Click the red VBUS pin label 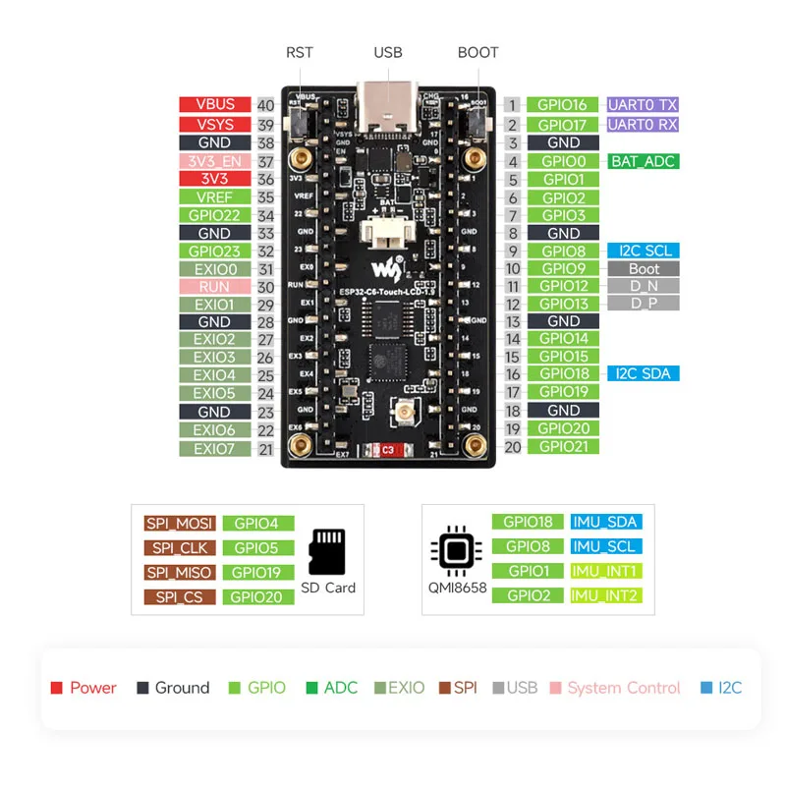pyautogui.click(x=215, y=105)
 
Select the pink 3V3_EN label pyautogui.click(x=215, y=161)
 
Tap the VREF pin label pyautogui.click(x=215, y=197)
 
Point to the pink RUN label pyautogui.click(x=215, y=287)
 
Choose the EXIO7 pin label pyautogui.click(x=215, y=449)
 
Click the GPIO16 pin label pyautogui.click(x=563, y=105)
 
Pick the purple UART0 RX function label pyautogui.click(x=643, y=125)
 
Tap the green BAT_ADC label pyautogui.click(x=643, y=161)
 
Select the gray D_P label pyautogui.click(x=643, y=304)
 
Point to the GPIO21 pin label pyautogui.click(x=563, y=446)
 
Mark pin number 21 pyautogui.click(x=265, y=449)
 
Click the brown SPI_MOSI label pyautogui.click(x=180, y=524)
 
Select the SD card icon pyautogui.click(x=328, y=552)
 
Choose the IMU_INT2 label pyautogui.click(x=605, y=595)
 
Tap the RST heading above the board pyautogui.click(x=300, y=52)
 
